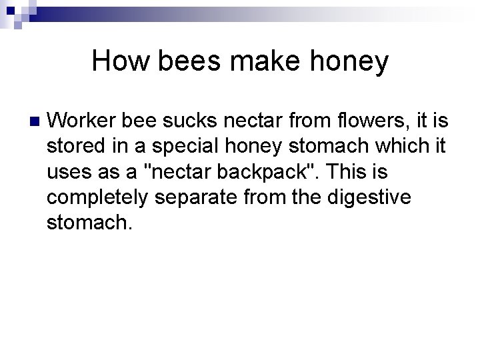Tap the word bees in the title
click(x=175, y=61)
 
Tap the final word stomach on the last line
click(x=89, y=223)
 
